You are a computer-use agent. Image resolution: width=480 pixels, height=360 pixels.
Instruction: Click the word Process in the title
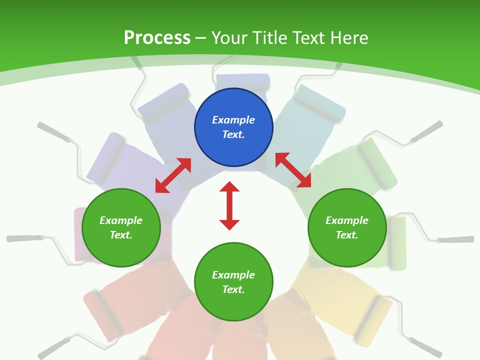(x=157, y=38)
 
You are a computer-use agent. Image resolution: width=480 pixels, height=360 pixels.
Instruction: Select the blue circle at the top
(x=233, y=127)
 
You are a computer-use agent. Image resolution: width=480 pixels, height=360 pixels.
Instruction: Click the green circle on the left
(x=121, y=227)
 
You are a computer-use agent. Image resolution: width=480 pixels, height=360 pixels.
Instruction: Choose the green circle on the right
(x=347, y=227)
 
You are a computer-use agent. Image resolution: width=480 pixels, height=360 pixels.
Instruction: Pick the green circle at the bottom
(x=233, y=282)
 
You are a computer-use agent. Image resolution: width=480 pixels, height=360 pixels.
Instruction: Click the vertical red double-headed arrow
(x=229, y=205)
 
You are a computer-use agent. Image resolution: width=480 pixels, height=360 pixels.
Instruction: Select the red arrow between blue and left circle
(x=173, y=175)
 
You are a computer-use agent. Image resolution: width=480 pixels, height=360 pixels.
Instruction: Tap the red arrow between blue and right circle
(x=293, y=170)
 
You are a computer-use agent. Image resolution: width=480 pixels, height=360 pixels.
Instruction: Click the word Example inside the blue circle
(x=233, y=120)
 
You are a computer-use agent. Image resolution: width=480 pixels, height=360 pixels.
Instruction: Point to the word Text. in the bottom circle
(x=233, y=289)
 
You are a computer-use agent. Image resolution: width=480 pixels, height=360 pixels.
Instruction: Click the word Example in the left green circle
(x=121, y=220)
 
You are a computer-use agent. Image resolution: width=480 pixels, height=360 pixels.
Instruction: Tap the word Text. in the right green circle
(x=347, y=235)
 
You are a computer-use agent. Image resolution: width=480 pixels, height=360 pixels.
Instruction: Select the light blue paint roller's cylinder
(x=320, y=103)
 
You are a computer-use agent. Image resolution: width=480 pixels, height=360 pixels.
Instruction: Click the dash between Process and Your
(x=201, y=38)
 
